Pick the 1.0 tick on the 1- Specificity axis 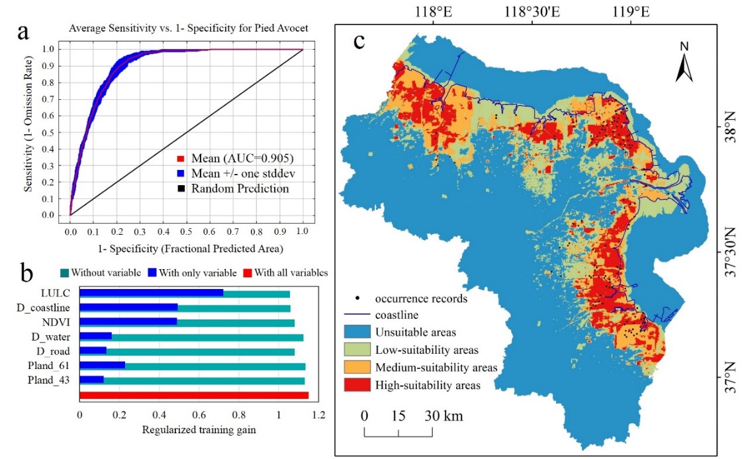pos(302,233)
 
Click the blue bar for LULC pos(152,293)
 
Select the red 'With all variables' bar pos(194,396)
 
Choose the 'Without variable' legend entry pos(105,272)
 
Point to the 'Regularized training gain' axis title pos(199,430)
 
